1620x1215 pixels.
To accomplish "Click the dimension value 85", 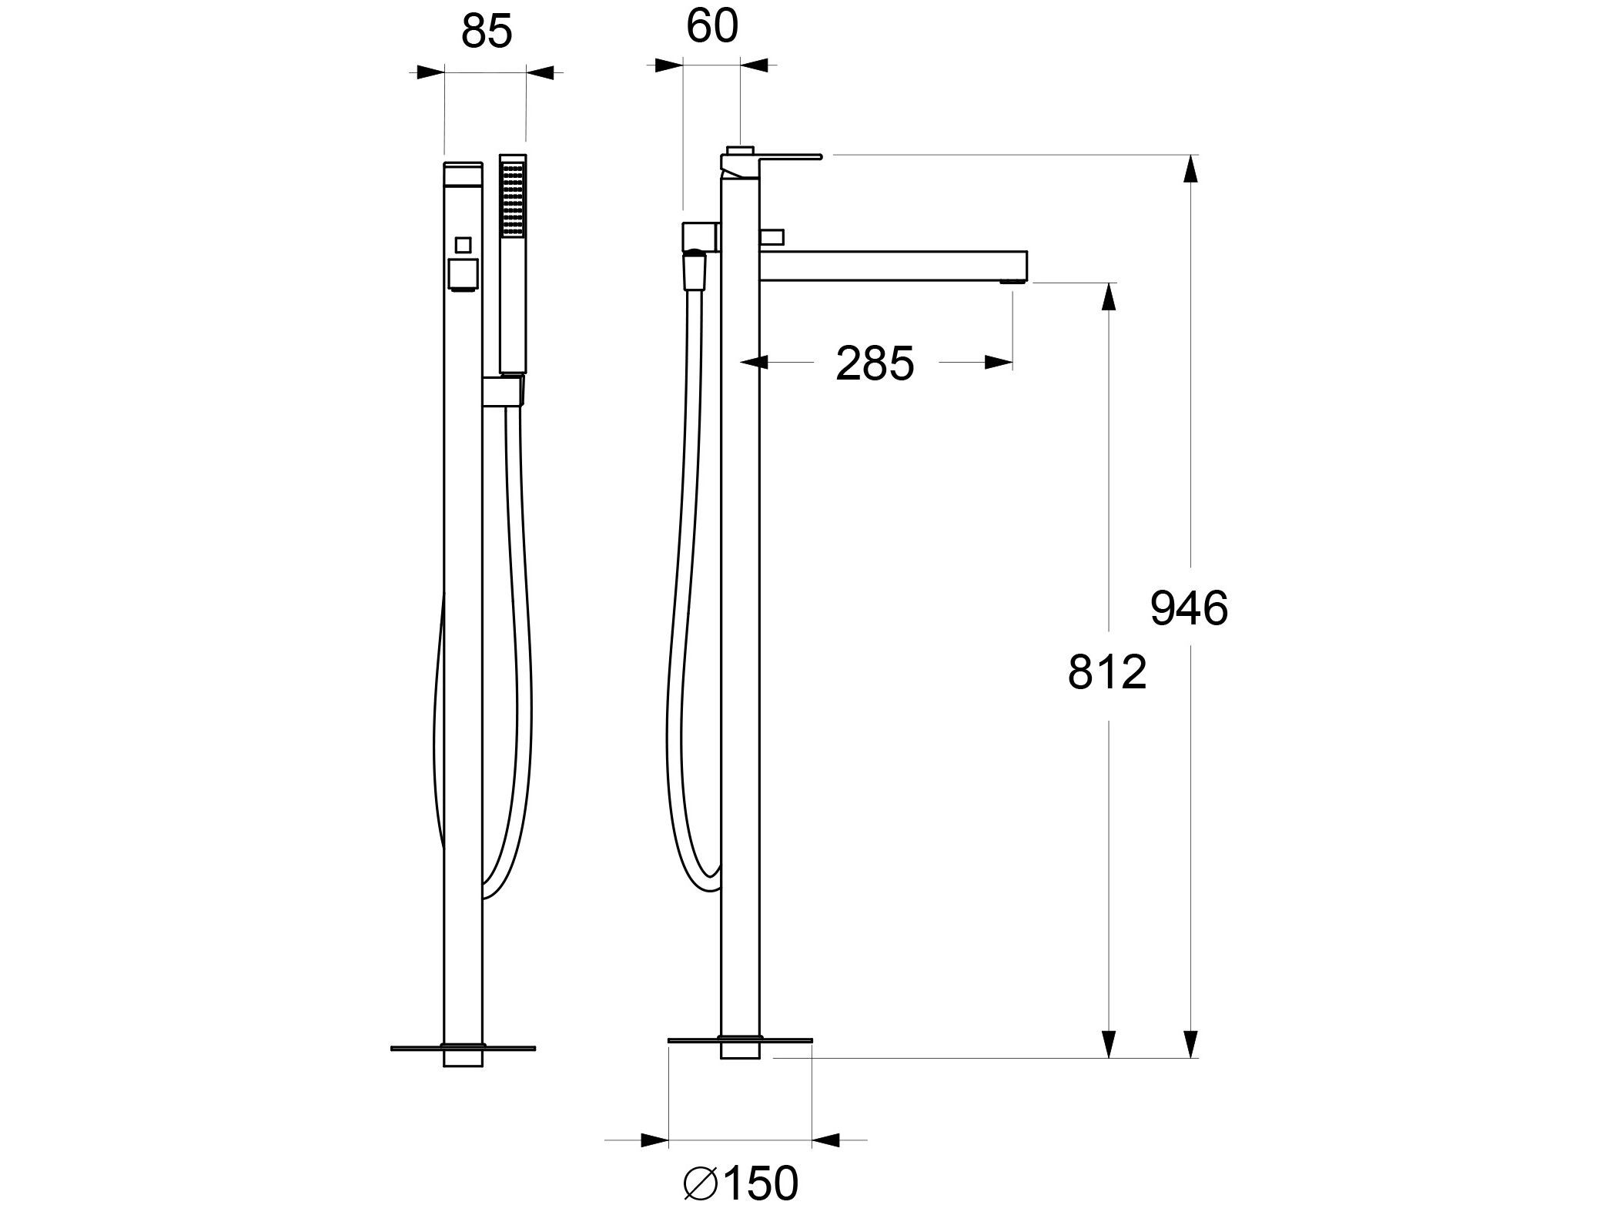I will click(487, 33).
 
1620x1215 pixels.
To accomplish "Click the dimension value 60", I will click(711, 27).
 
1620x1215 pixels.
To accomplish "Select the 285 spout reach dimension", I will click(875, 363).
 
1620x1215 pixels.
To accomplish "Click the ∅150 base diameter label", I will click(741, 1183).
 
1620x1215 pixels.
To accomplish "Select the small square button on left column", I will click(463, 245).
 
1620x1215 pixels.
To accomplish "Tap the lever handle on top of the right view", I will click(778, 159).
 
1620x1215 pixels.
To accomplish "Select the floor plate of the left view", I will click(463, 1048).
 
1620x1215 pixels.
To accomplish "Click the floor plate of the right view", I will click(740, 1040).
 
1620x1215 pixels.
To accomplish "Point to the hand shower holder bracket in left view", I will click(504, 390).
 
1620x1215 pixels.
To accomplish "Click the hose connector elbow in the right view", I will click(699, 236).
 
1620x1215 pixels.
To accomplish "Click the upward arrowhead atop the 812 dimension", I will click(1108, 296).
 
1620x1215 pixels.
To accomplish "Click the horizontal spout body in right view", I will click(893, 264).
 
